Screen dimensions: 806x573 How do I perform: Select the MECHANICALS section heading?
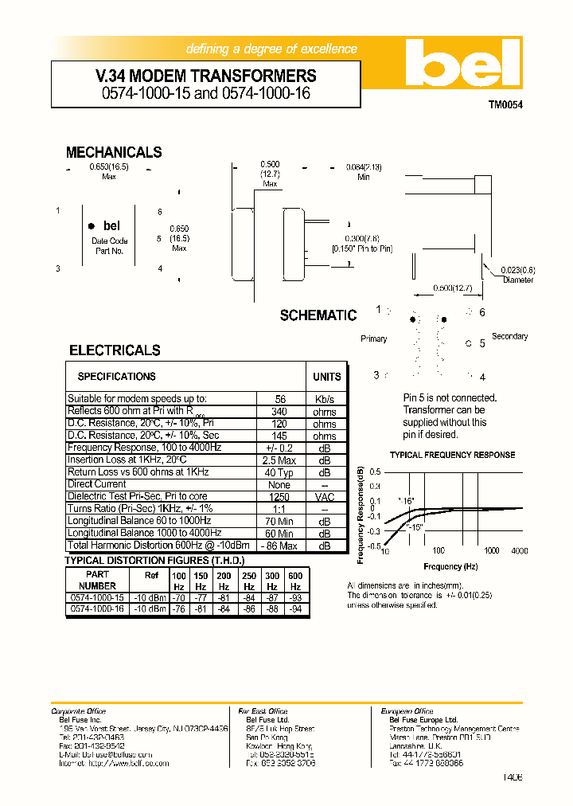pos(114,152)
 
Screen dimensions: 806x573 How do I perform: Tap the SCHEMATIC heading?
pos(318,315)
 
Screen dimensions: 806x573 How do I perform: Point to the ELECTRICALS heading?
pos(115,350)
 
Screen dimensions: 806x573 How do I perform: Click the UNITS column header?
pos(326,377)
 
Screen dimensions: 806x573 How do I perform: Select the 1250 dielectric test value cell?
pos(279,496)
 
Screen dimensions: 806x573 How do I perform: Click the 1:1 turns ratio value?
pos(279,509)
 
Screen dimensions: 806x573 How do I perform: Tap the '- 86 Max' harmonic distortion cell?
pos(280,546)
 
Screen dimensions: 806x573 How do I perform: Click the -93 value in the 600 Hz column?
pos(295,597)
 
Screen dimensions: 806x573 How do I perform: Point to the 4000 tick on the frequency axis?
pos(520,550)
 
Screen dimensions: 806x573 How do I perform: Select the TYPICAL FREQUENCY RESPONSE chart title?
pos(452,455)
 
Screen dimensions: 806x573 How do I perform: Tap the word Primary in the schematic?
pos(374,338)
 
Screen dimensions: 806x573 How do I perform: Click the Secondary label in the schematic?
pos(509,336)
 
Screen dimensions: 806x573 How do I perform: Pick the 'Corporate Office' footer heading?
pos(78,711)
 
